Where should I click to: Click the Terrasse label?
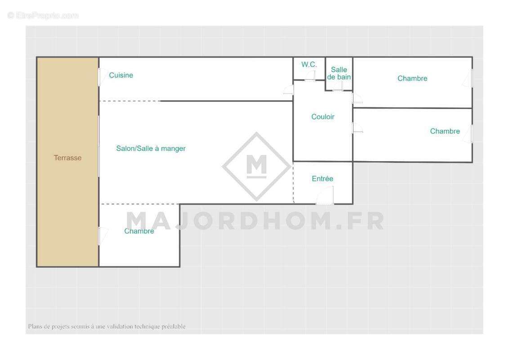point(67,158)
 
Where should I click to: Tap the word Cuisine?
point(121,75)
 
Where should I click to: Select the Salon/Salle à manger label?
point(151,148)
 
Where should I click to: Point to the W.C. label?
point(309,65)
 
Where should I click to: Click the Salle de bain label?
point(339,73)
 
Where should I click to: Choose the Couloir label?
point(323,117)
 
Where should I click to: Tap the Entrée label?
point(322,179)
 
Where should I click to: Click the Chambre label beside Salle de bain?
point(412,78)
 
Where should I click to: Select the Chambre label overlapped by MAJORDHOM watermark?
point(139,231)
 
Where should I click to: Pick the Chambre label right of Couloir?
point(445,131)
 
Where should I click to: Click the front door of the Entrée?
point(325,197)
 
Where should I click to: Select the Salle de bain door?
point(338,86)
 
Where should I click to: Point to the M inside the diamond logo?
point(256,165)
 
